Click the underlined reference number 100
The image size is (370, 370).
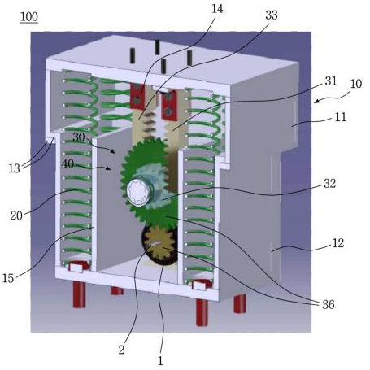(x=29, y=17)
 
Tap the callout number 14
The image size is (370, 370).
(x=217, y=9)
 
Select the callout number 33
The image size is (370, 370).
(x=272, y=15)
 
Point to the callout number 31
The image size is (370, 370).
(x=331, y=81)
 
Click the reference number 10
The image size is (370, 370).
(x=356, y=84)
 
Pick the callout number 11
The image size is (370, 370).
(x=341, y=117)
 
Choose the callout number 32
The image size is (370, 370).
(x=329, y=184)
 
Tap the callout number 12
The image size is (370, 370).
(x=338, y=243)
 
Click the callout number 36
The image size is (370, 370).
(x=329, y=305)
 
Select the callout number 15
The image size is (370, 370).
(x=8, y=278)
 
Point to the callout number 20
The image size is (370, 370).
(x=16, y=215)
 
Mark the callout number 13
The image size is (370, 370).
(x=15, y=168)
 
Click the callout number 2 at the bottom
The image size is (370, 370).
(x=121, y=350)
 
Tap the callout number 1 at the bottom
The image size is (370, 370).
(x=160, y=361)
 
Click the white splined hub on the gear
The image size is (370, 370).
(x=137, y=191)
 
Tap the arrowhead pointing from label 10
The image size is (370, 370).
(x=316, y=102)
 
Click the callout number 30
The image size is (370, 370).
(x=79, y=137)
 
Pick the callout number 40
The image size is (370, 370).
(x=67, y=163)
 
